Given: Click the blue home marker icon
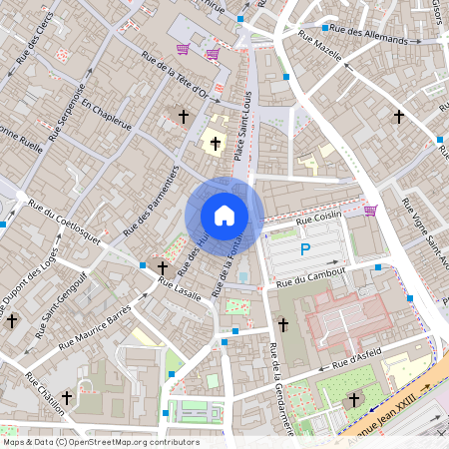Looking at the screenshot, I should coord(224,216).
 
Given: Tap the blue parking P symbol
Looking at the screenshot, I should coord(306,249).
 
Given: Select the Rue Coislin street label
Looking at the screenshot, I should coord(319,216).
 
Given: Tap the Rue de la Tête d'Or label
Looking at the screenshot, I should coord(176,75).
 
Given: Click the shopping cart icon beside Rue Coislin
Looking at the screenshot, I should coord(370,211).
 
